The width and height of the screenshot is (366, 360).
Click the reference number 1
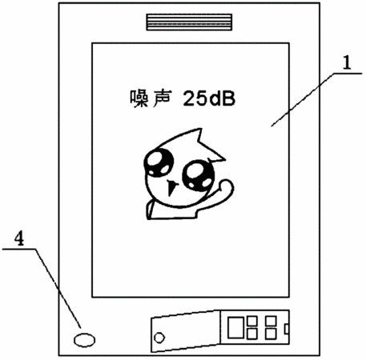click(347, 62)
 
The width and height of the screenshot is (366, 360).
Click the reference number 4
click(19, 238)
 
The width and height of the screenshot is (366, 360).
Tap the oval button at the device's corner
click(84, 340)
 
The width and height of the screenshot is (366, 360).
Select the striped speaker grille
click(189, 22)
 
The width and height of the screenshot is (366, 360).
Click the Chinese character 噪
click(139, 98)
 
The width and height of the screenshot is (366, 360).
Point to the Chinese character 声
click(162, 98)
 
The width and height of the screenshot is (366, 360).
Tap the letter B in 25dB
click(228, 98)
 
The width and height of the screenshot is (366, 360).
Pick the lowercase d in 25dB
click(215, 98)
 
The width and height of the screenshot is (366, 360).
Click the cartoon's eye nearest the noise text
click(159, 162)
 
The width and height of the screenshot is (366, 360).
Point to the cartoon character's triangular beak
click(171, 187)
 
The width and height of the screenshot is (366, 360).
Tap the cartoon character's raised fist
click(227, 187)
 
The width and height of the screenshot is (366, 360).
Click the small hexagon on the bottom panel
click(159, 338)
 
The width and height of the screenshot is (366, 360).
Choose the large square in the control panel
click(235, 327)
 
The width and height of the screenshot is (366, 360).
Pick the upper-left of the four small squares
click(252, 321)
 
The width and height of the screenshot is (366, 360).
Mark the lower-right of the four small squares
click(271, 334)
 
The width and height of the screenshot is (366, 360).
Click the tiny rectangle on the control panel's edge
click(287, 329)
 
